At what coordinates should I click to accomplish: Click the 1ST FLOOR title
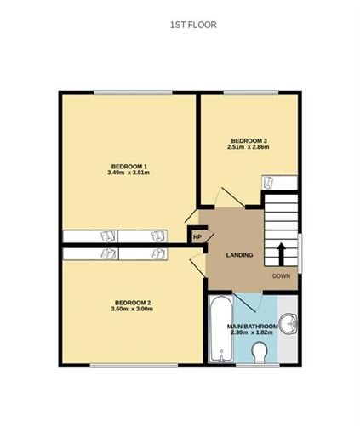pos(193,25)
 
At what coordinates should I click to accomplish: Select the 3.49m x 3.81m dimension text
pos(129,173)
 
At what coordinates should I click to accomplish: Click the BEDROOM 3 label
pos(249,140)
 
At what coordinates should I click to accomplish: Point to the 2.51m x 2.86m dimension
pos(249,147)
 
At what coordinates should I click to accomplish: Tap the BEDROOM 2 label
pos(133,303)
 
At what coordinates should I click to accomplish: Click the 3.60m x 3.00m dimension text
pos(132,309)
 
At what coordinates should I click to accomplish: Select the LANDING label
pos(239,255)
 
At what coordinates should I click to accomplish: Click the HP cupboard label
pos(197,237)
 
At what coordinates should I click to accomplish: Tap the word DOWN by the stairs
pos(281,276)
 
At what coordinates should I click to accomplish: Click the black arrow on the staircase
pos(282,254)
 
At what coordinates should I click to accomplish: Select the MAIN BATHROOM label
pos(252,327)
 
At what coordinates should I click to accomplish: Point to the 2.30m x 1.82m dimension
pos(252,332)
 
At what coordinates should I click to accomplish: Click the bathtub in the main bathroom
pos(220,329)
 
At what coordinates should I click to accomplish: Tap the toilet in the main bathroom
pos(259,353)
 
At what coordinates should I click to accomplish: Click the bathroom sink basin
pos(289,324)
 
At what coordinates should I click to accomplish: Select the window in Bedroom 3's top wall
pos(251,93)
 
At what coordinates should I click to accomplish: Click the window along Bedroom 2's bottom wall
pos(134,366)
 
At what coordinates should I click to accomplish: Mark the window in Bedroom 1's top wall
pos(133,93)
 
